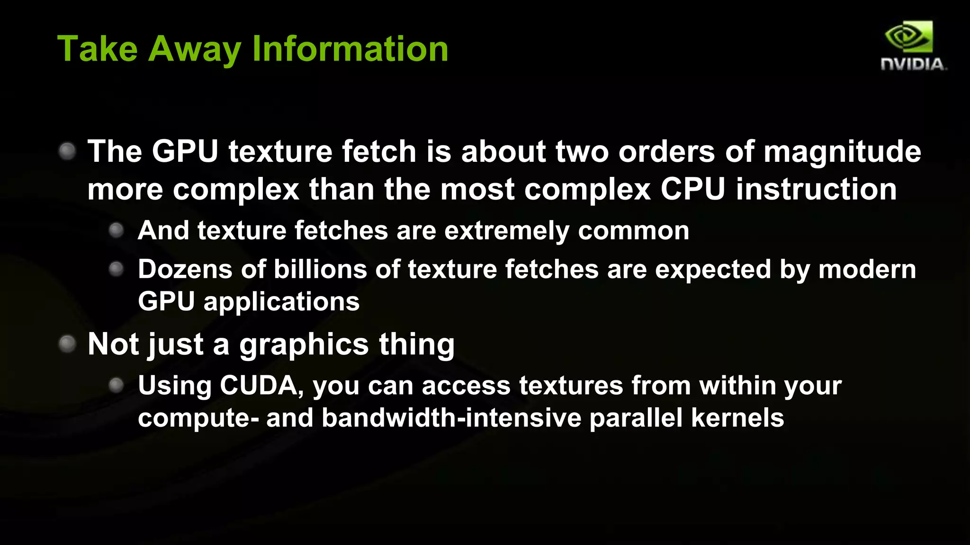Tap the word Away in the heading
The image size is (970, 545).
195,49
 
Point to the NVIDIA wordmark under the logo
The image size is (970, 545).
913,64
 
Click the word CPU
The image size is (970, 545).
693,189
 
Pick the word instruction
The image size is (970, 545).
816,189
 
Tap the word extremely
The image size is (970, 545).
507,231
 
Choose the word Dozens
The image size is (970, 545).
185,269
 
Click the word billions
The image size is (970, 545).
320,269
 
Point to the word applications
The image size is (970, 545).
281,301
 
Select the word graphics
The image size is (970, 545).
304,344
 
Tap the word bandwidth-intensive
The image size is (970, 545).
451,418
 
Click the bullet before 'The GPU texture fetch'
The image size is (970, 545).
67,151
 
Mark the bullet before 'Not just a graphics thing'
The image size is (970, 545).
67,343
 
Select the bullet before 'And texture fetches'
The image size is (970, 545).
116,230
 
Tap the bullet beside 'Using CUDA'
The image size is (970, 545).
116,385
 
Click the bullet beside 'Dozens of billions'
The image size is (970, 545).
116,269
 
